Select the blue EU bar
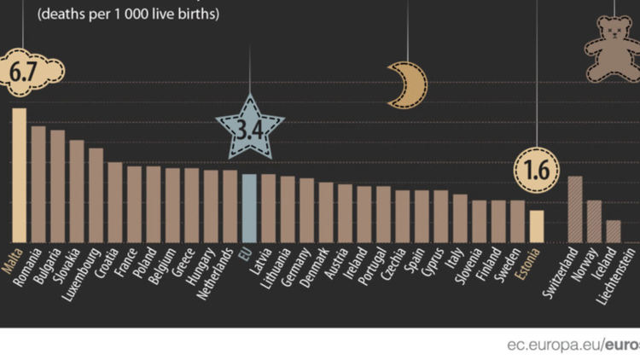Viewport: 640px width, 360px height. click(x=248, y=208)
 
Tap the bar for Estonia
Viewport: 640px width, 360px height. click(x=536, y=227)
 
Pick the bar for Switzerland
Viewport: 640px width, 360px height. click(x=575, y=210)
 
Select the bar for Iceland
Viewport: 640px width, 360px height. click(x=614, y=232)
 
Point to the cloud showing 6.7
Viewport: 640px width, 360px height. click(x=32, y=72)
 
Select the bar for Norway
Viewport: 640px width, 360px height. click(x=594, y=222)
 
